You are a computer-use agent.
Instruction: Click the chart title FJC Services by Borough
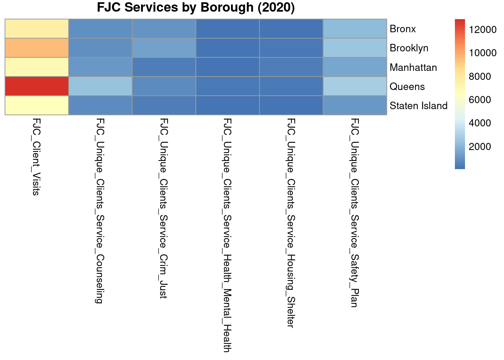point(196,8)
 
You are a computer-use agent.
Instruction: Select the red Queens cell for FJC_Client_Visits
point(37,86)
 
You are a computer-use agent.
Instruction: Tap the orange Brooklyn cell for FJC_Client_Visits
point(37,48)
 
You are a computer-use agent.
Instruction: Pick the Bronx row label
point(403,29)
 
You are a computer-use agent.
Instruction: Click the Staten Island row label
point(418,106)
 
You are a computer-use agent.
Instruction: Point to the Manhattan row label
point(413,67)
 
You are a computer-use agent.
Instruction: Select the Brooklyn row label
point(409,48)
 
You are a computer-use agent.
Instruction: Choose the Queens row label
point(407,87)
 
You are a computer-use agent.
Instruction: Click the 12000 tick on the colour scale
point(482,30)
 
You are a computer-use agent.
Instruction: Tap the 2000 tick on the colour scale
point(480,147)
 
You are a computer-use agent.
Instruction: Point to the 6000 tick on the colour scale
point(480,100)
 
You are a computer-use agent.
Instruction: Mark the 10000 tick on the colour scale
point(482,53)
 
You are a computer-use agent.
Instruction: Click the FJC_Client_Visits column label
point(36,157)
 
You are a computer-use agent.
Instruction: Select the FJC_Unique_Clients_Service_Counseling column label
point(100,210)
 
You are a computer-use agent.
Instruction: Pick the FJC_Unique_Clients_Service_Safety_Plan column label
point(354,213)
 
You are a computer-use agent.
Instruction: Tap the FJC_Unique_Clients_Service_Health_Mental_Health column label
point(227,235)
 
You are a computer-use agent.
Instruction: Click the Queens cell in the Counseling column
point(100,86)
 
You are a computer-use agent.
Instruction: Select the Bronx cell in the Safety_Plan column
point(355,29)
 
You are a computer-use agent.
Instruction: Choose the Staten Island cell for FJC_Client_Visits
point(37,105)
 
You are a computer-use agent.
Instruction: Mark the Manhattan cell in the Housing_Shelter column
point(291,67)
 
